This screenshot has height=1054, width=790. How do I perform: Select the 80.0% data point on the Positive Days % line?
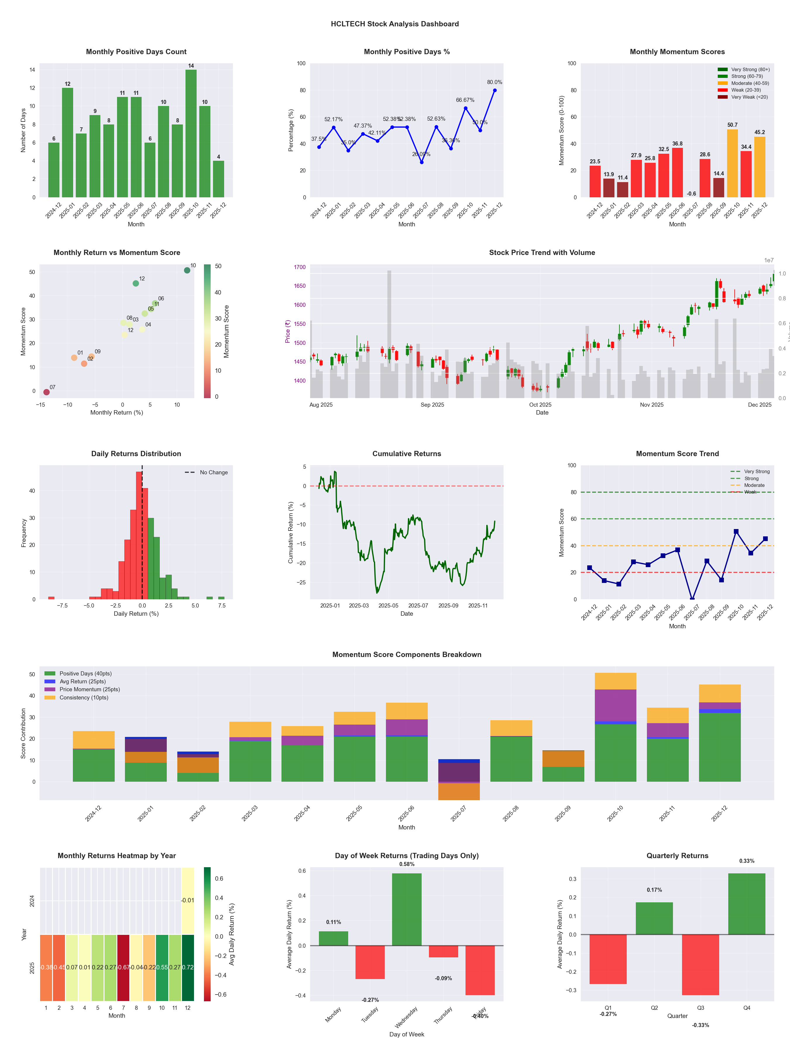point(495,90)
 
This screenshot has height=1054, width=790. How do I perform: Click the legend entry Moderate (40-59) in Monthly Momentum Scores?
point(750,83)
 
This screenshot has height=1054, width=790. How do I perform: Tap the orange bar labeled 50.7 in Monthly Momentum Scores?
point(732,163)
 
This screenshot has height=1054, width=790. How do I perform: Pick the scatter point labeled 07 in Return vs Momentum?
point(46,392)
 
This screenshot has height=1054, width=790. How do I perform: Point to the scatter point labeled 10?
point(187,270)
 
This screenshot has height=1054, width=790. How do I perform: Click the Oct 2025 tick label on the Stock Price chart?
point(540,405)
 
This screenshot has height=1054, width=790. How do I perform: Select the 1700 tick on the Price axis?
point(300,267)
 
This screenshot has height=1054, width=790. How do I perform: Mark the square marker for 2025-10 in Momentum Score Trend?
point(736,531)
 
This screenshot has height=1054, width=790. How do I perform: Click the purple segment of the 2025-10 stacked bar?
point(615,705)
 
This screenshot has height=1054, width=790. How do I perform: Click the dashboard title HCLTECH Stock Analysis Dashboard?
point(395,24)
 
